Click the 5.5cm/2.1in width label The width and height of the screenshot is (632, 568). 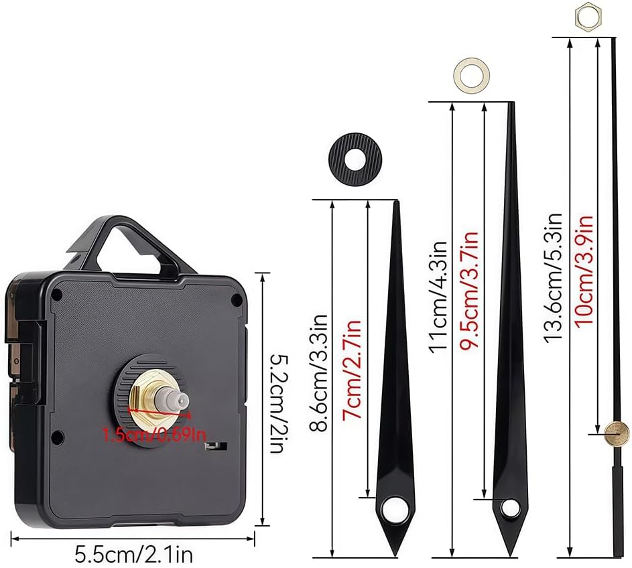tap(134, 555)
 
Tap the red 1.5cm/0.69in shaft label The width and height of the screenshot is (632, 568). tap(154, 435)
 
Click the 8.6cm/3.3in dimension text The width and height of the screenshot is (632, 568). tap(319, 373)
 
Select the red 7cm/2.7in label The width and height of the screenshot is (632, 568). tap(351, 370)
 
